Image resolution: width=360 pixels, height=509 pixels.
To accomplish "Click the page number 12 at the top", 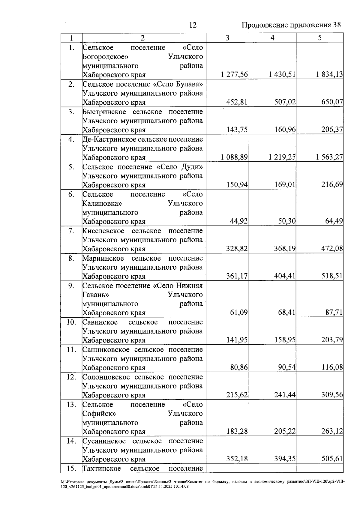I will pos(193,25).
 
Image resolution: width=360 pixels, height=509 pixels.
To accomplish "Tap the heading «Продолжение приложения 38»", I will pos(291,25).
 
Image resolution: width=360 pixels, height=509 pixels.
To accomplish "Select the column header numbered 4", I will pos(272,38).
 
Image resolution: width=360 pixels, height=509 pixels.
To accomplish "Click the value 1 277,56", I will pos(234,75).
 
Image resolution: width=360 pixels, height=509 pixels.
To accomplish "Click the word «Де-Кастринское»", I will pos(109,139).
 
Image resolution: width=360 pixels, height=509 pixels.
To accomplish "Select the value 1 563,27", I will pos(329,157).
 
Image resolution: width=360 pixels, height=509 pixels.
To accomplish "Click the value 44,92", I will pos(239,221).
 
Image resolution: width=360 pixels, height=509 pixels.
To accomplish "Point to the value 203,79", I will pos(332,340).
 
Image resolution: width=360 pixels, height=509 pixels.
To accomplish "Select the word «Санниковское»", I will pos(106,350).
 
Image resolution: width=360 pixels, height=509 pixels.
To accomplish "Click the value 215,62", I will pos(237,395).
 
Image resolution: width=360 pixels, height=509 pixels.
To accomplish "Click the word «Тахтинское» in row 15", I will pos(102,469).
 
